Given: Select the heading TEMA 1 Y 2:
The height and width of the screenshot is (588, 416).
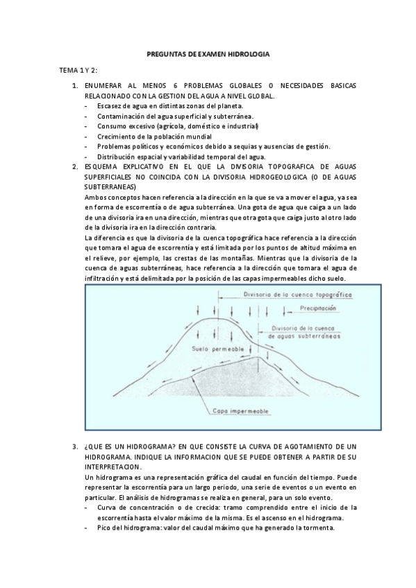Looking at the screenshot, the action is click(x=78, y=71).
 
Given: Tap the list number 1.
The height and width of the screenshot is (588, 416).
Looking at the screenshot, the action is click(x=75, y=86).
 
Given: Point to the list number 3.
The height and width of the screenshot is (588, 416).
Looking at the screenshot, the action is click(x=75, y=447).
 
